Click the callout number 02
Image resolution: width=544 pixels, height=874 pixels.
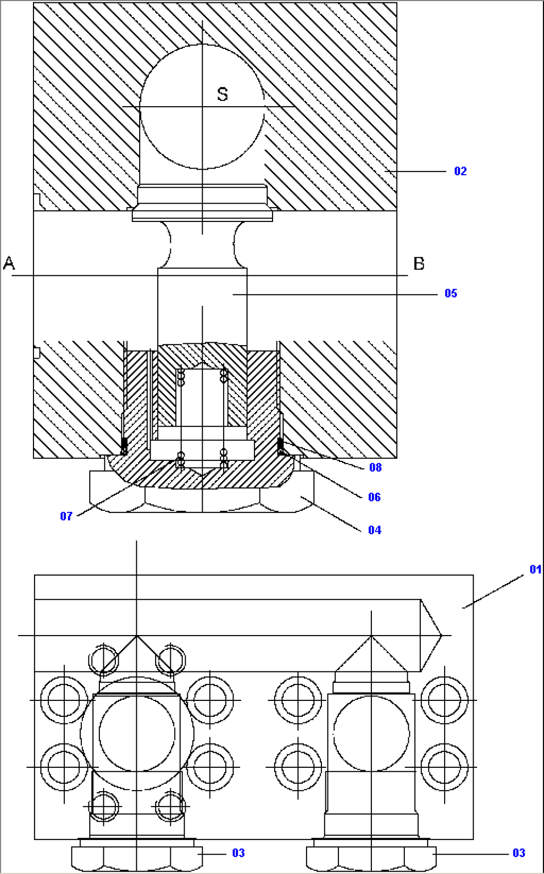460,171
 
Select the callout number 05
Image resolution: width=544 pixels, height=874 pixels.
451,293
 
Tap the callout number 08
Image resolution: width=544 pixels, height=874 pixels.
375,467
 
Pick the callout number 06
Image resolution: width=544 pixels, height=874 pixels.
374,497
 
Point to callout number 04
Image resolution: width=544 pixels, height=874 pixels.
375,530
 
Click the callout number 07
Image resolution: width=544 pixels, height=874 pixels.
66,516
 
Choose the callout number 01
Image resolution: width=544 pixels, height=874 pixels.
535,569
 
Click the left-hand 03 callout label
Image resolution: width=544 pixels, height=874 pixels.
239,853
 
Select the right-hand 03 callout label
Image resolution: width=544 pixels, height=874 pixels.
519,853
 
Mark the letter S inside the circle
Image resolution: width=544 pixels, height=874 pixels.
223,94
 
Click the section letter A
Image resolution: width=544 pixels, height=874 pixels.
9,263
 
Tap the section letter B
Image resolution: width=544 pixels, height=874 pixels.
419,263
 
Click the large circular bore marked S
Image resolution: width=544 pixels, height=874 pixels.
202,130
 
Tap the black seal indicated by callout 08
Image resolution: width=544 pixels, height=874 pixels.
280,443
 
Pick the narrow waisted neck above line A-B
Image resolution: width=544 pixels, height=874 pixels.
202,244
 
